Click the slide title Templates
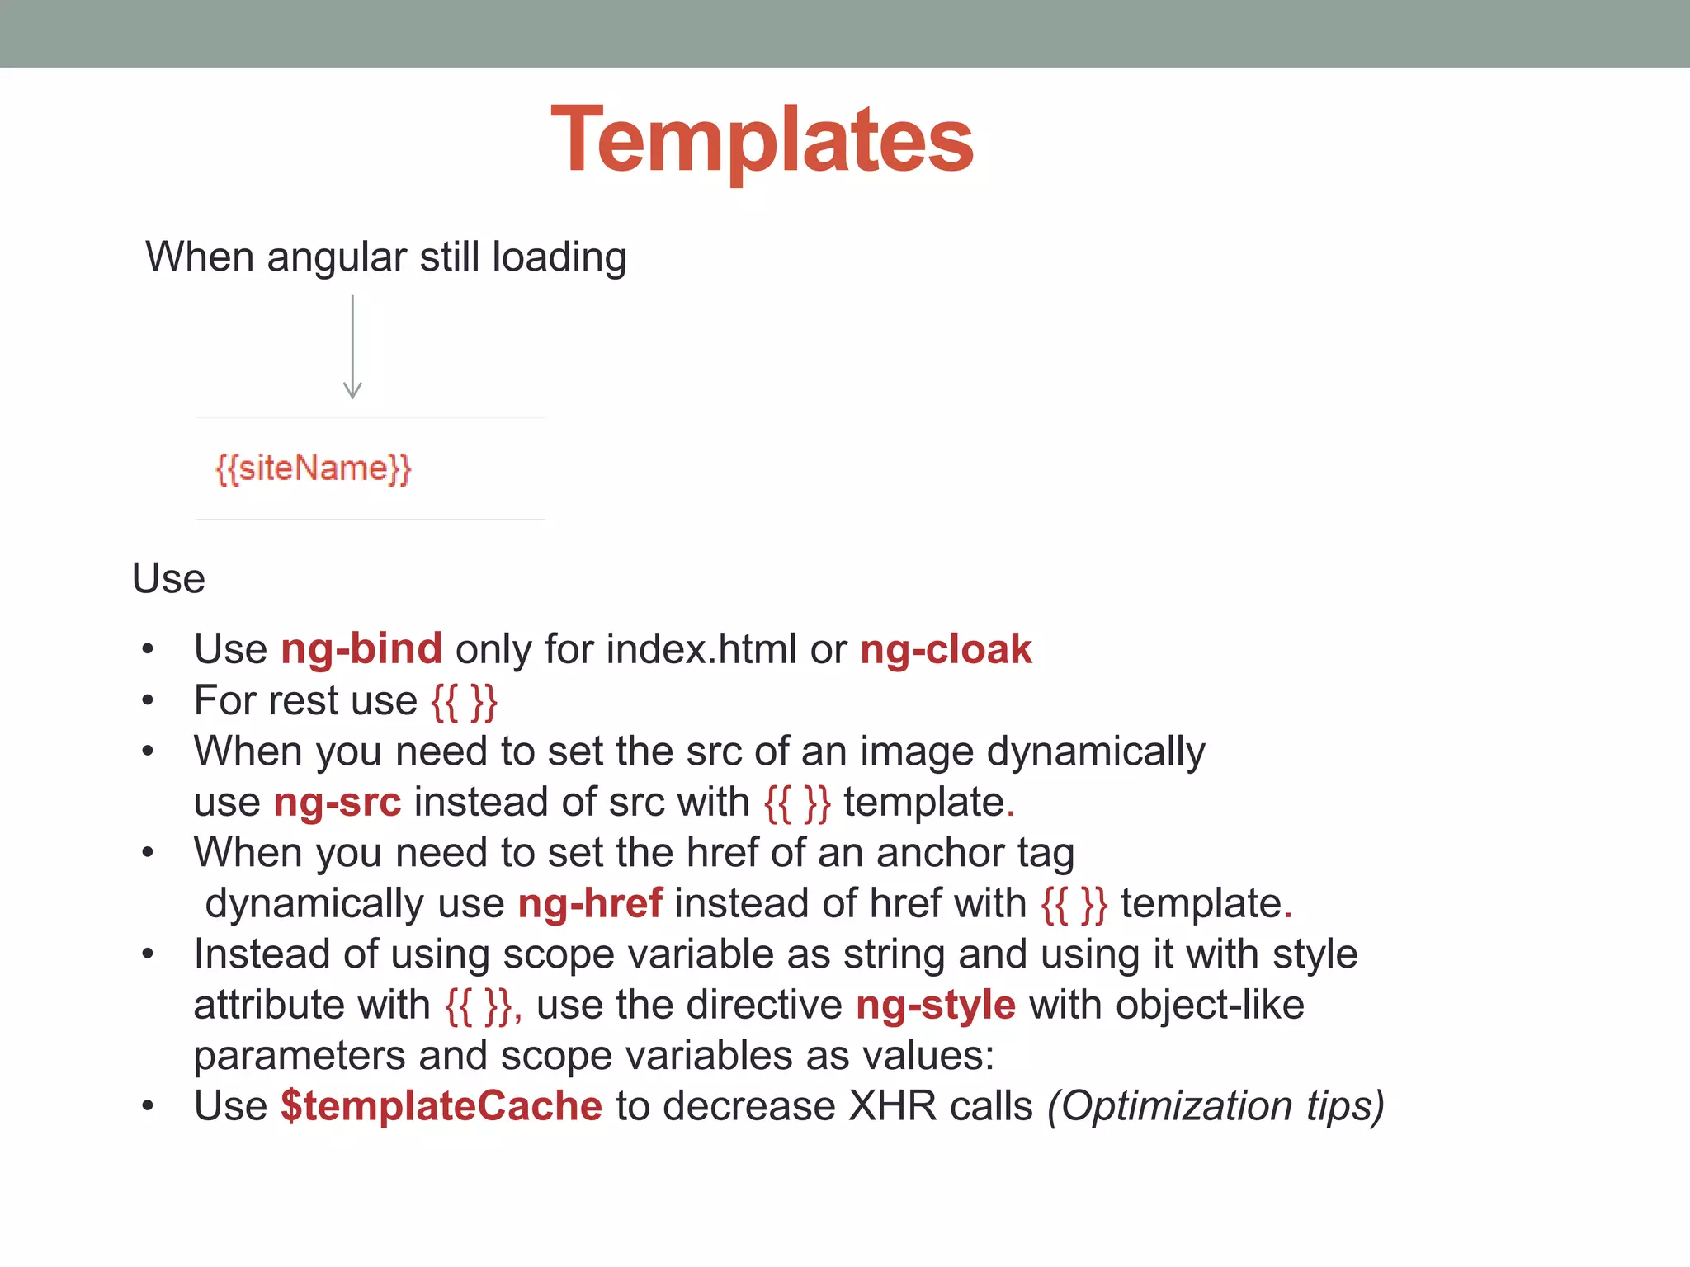pos(762,140)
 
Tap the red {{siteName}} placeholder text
pos(313,469)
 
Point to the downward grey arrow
pos(352,347)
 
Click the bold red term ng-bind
pos(361,649)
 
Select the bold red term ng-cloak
pos(946,649)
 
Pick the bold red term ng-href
pos(589,903)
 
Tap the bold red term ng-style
pos(935,1006)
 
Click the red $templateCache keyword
pos(441,1106)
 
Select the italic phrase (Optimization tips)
pos(1215,1106)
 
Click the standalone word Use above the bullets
pos(168,578)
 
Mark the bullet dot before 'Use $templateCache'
pos(148,1106)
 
